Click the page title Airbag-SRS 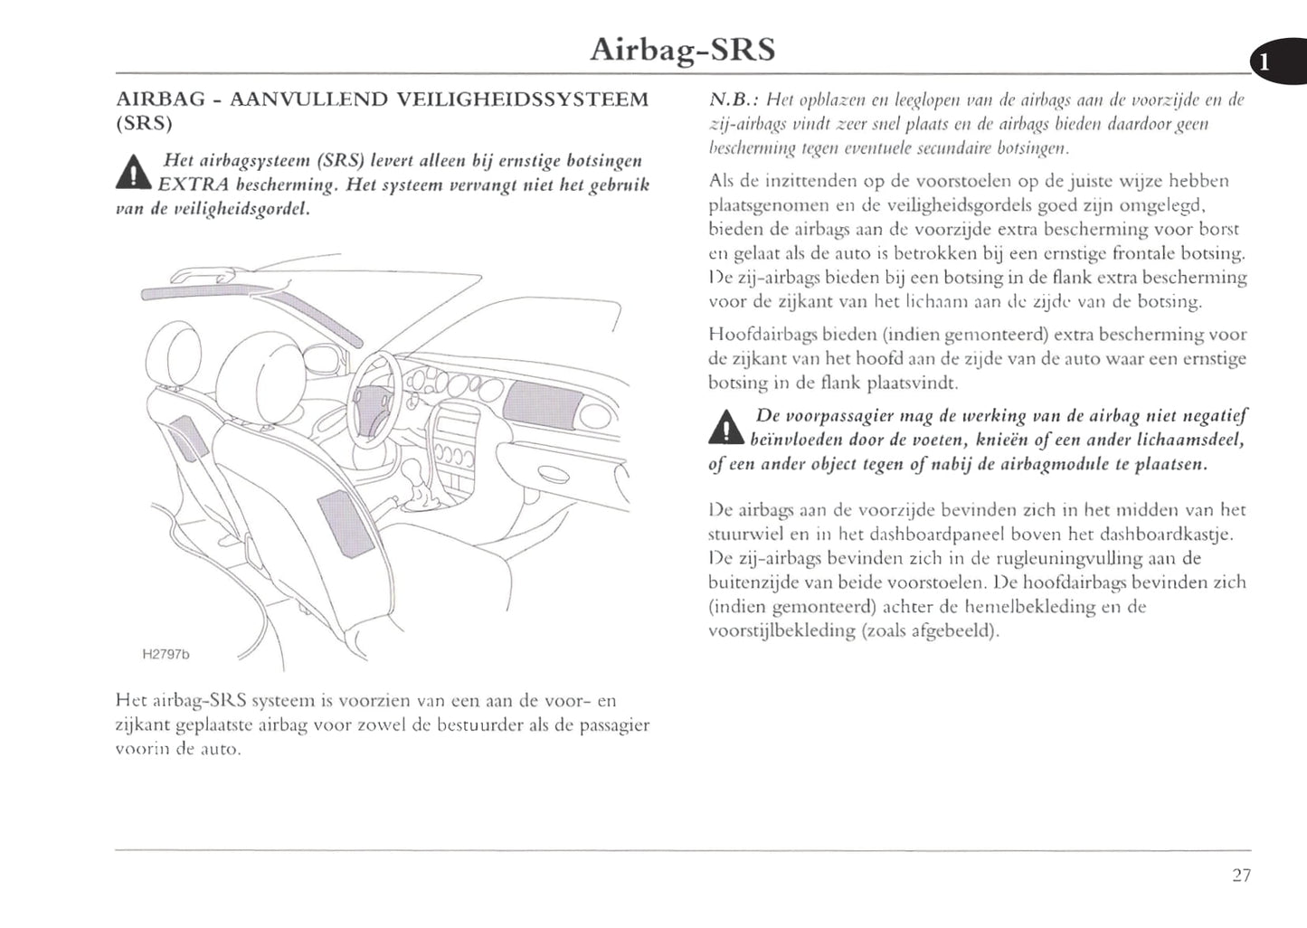point(682,49)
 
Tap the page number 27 point(1241,875)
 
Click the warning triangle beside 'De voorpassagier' point(725,428)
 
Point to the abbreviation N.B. point(729,100)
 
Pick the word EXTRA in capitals point(190,186)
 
